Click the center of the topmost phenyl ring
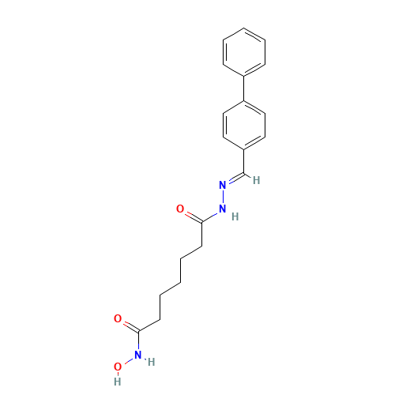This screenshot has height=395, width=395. coord(245,51)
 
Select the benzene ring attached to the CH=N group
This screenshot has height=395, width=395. coord(245,123)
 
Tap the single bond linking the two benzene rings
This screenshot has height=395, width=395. coord(245,87)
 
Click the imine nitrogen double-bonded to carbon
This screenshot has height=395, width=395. coord(223,185)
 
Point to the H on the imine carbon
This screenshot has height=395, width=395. coord(256,180)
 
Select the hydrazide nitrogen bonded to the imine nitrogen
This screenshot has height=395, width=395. coord(223,209)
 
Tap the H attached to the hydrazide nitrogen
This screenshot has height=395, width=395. coord(235,216)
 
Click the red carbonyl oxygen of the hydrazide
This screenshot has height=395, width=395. coord(180,209)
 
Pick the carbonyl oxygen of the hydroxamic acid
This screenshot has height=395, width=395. coord(118,319)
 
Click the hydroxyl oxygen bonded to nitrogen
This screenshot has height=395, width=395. coord(118,367)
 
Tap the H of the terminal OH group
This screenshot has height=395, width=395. coord(118,381)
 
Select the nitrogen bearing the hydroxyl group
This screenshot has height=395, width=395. coord(138,355)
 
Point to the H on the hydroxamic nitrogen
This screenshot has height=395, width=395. coord(150,362)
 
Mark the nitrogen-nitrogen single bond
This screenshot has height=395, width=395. coord(223,197)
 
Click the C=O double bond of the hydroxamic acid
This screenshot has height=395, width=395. coord(128,325)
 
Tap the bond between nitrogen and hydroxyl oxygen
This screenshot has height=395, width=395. coord(128,361)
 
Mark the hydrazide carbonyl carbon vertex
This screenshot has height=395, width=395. coord(202,221)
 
